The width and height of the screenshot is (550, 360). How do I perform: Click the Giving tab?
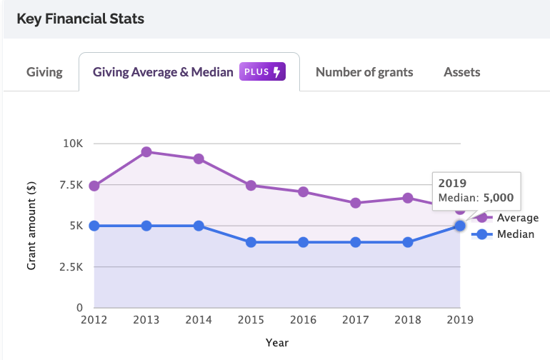44,72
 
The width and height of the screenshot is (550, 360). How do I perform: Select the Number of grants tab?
364,72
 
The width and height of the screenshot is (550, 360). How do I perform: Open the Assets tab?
462,72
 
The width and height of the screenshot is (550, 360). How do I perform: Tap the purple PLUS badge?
263,72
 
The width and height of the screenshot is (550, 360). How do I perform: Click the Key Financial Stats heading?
80,19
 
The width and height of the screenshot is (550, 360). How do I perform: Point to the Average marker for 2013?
146,151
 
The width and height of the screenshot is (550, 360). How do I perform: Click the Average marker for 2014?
199,159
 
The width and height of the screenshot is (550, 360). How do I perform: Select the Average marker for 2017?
356,203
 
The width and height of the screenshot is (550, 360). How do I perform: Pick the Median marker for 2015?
251,242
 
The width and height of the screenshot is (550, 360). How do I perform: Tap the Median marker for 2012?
94,226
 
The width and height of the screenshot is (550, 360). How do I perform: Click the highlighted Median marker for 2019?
460,226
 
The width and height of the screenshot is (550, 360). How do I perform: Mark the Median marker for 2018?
408,242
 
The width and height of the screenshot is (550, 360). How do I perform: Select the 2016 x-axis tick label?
303,321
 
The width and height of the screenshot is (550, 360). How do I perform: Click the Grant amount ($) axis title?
32,226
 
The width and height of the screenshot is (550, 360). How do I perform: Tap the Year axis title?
276,343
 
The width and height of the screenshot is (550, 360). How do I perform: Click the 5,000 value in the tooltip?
499,197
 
